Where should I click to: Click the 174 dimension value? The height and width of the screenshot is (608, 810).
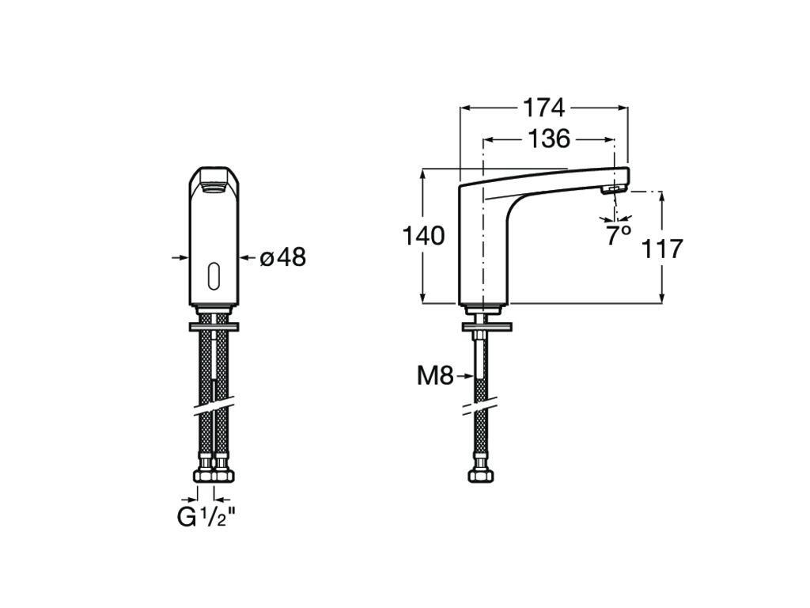[x=544, y=108]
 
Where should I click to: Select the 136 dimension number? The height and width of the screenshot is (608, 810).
[x=549, y=139]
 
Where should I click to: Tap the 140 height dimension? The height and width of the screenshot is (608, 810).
[x=424, y=236]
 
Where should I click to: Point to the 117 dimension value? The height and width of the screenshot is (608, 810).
[x=662, y=249]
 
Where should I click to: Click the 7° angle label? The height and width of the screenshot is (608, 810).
[x=619, y=235]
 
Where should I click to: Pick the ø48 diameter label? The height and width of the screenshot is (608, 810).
[x=283, y=257]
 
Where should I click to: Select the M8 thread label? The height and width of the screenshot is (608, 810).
[x=435, y=376]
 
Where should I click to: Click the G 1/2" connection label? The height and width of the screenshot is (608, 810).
[x=206, y=518]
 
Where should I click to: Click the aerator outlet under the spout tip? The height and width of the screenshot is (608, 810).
[x=613, y=191]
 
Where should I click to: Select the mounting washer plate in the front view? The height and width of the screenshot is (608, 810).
[x=214, y=327]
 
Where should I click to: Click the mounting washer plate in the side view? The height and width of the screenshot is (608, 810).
[x=487, y=327]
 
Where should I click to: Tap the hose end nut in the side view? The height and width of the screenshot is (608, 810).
[x=480, y=476]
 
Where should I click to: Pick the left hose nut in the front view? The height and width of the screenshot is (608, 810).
[x=204, y=476]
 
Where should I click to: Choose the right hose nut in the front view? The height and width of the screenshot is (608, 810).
[x=224, y=476]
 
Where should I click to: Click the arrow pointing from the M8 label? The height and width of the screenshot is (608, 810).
[x=464, y=377]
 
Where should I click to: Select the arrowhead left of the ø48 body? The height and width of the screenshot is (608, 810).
[x=179, y=257]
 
